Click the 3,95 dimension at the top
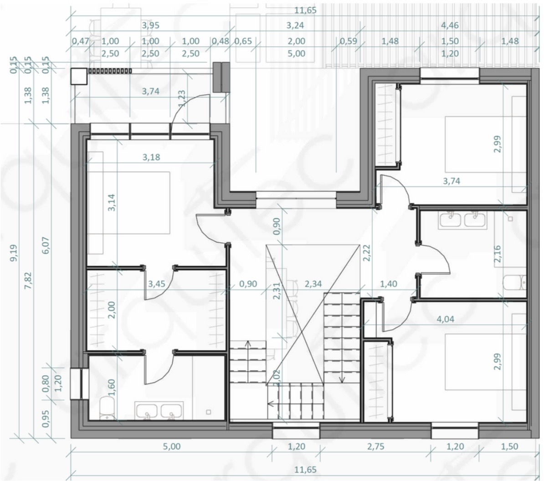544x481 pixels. (150, 26)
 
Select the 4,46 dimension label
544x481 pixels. (450, 26)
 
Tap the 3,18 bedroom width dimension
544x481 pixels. (151, 157)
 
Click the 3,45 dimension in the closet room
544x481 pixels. (157, 284)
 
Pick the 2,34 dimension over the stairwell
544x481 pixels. (313, 284)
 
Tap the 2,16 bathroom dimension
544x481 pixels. (497, 254)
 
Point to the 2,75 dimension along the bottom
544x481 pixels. (375, 446)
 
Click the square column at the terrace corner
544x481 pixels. (78, 76)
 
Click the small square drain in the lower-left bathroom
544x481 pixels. (209, 412)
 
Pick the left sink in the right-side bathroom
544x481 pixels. (450, 220)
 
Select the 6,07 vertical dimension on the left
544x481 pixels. (46, 245)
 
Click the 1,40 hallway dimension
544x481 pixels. (389, 284)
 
